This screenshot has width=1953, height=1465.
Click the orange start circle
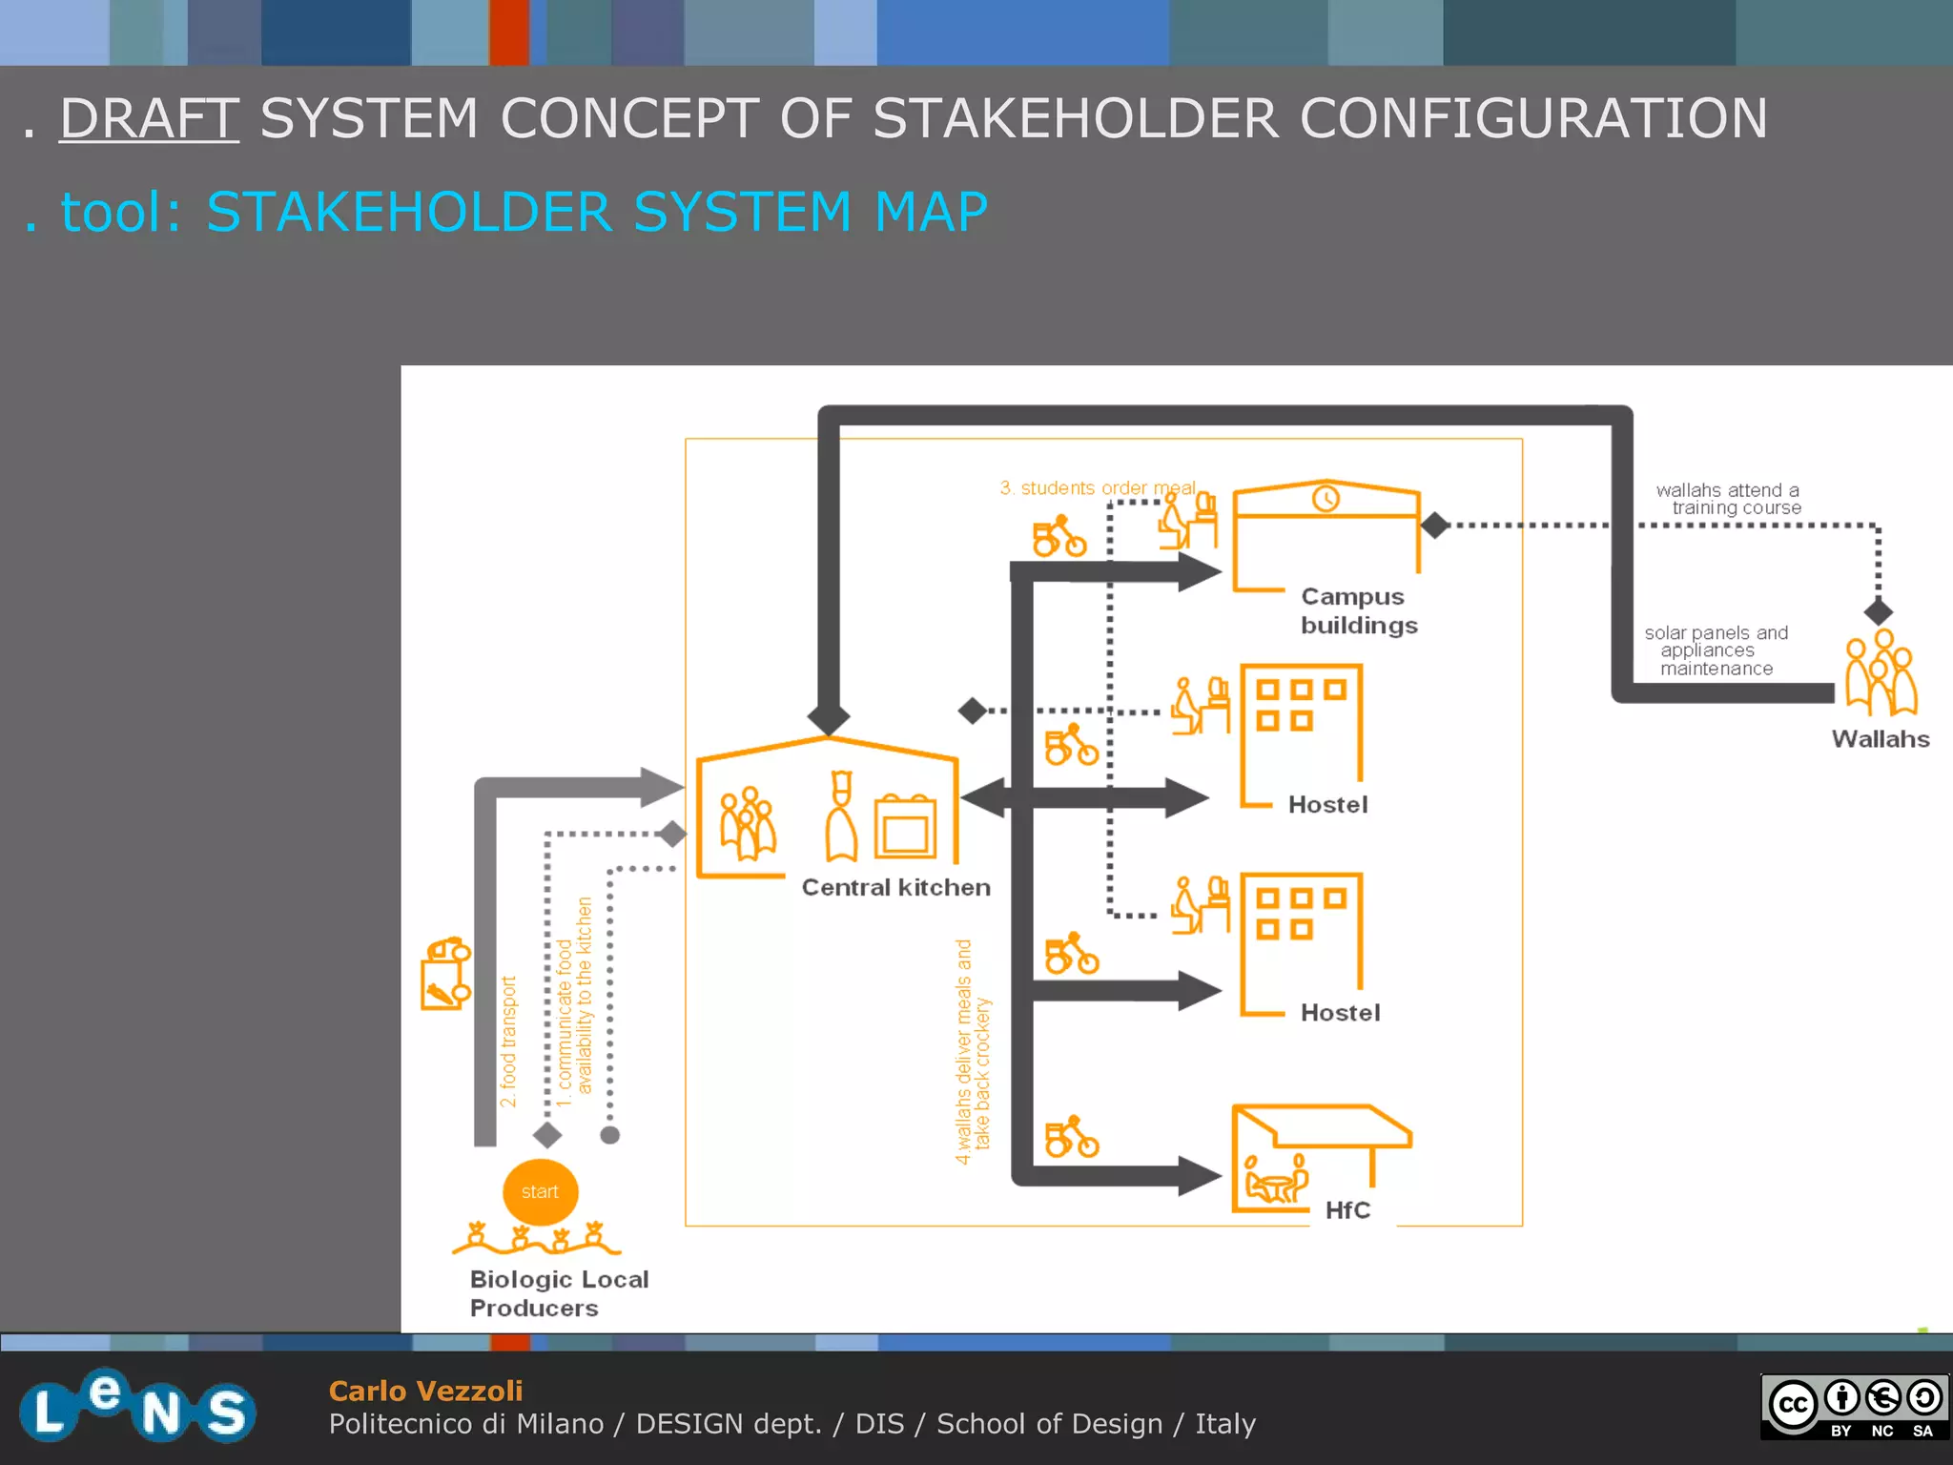[x=540, y=1191]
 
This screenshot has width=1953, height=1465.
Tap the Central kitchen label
[x=895, y=887]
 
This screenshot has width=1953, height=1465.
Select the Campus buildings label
[x=1358, y=610]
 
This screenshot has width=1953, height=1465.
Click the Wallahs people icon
[x=1880, y=672]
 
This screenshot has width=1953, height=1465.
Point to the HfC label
[x=1347, y=1209]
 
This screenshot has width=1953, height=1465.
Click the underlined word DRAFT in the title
[x=149, y=118]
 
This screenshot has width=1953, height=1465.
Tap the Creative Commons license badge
[x=1854, y=1404]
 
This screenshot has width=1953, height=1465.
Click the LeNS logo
[x=137, y=1406]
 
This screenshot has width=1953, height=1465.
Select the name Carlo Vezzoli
[x=425, y=1391]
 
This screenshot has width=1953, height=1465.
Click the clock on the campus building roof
[x=1326, y=498]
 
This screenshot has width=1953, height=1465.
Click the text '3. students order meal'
[x=1097, y=487]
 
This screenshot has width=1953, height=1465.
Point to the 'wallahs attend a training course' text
[x=1728, y=499]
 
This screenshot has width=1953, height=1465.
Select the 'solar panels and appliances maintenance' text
[x=1715, y=650]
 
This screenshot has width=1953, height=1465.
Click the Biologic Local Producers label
[x=558, y=1293]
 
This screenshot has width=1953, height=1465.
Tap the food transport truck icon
[x=445, y=973]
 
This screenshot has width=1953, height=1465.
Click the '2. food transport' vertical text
[x=508, y=1041]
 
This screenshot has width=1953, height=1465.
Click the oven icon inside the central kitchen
[x=905, y=827]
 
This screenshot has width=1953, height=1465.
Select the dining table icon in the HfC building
[x=1276, y=1183]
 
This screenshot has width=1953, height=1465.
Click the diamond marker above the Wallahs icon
[x=1878, y=611]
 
